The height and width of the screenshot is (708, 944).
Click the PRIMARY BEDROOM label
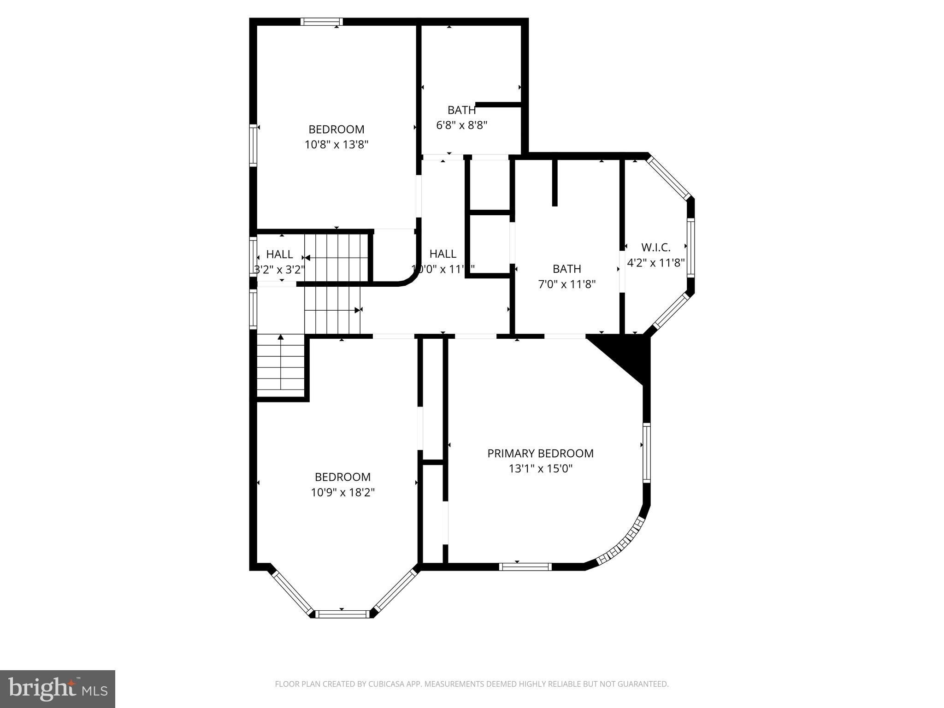click(x=540, y=453)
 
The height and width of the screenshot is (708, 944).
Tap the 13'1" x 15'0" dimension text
click(x=540, y=469)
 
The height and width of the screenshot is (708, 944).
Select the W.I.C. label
click(x=655, y=248)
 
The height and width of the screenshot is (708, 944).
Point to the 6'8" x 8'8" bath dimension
click(x=461, y=125)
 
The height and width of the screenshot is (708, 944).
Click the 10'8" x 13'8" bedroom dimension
click(x=336, y=145)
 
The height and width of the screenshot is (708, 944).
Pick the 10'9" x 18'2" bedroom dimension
click(x=342, y=492)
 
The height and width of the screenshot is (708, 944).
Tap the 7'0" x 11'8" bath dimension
click(x=566, y=284)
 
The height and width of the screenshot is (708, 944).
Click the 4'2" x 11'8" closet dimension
click(x=655, y=263)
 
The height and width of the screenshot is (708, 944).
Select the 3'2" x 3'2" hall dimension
click(x=279, y=270)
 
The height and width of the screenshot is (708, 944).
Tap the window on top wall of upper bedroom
click(x=322, y=22)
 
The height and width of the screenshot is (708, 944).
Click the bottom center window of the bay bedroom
click(x=342, y=614)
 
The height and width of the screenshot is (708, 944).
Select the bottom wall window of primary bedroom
click(x=525, y=566)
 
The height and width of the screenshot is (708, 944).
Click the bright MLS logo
click(x=58, y=689)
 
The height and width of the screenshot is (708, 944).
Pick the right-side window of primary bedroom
click(x=647, y=453)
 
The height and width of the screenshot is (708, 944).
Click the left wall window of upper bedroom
click(x=253, y=145)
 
